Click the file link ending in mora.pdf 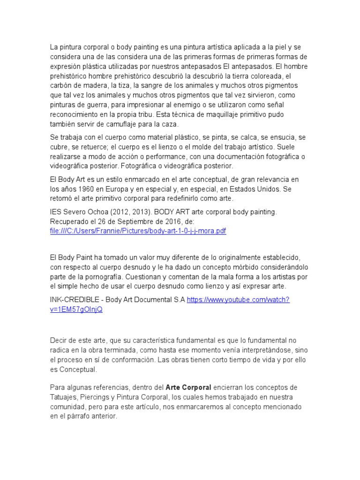click(138, 232)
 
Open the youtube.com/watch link click(239, 300)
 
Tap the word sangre click(156, 86)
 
